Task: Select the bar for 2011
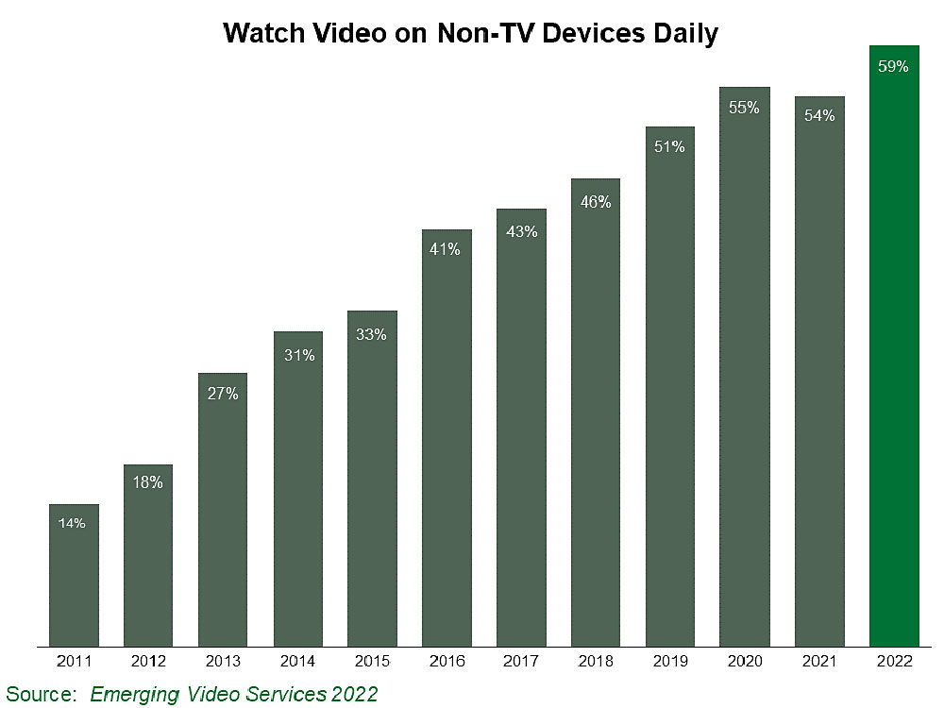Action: click(x=73, y=576)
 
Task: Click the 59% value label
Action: click(x=893, y=67)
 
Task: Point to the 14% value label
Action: click(x=73, y=523)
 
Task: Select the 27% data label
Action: click(x=222, y=394)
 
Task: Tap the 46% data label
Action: click(x=596, y=201)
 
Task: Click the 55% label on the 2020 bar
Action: click(x=744, y=108)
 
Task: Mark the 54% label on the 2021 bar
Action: click(x=818, y=116)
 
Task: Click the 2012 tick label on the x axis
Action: click(x=147, y=662)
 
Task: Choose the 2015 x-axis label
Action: click(x=371, y=662)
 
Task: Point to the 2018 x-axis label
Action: click(x=596, y=662)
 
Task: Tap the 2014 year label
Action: click(x=297, y=662)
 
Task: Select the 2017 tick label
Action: click(x=521, y=662)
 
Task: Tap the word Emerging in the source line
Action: click(x=135, y=694)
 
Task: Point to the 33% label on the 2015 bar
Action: click(x=371, y=334)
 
